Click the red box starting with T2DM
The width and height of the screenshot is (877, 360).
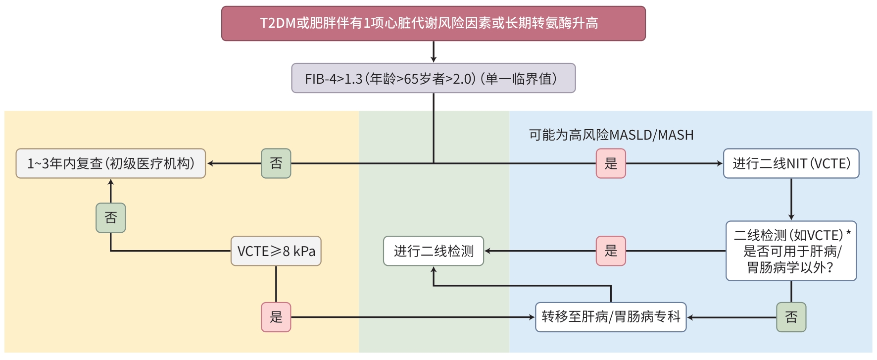[433, 23]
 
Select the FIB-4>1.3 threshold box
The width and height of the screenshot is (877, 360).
[433, 78]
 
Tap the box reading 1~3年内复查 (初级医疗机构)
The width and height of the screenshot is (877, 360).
[110, 163]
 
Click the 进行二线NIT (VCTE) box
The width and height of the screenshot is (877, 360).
[791, 163]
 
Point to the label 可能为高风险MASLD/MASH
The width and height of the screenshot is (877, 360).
[611, 135]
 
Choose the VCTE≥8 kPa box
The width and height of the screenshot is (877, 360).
[276, 251]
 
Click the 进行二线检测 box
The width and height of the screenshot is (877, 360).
[433, 251]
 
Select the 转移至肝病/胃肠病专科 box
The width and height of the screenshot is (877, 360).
[611, 317]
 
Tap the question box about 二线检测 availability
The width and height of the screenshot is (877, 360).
[791, 251]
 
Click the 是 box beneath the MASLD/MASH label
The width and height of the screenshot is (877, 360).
[611, 163]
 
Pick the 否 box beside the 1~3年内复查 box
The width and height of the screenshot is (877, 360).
[276, 163]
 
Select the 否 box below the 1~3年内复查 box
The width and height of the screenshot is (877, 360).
[110, 218]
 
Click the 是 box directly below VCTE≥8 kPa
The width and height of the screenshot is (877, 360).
[276, 317]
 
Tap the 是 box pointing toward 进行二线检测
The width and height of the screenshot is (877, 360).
[611, 251]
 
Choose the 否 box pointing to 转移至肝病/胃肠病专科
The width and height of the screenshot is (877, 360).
[791, 317]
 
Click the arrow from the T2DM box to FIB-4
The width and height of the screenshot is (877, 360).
[434, 51]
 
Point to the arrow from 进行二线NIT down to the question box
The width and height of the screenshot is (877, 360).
[791, 199]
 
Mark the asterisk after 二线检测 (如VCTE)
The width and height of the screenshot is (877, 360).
[848, 232]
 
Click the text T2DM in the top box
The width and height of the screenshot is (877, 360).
[278, 23]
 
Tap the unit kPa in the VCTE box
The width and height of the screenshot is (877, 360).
[304, 252]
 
